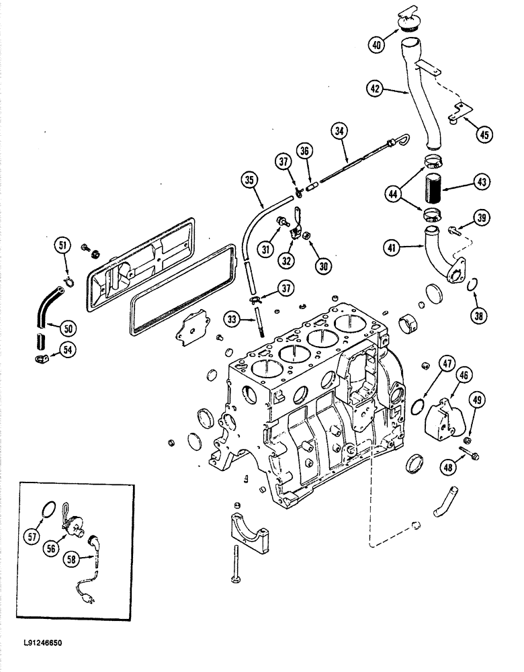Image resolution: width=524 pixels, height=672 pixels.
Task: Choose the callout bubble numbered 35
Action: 250,180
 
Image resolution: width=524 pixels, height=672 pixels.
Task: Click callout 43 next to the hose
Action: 482,181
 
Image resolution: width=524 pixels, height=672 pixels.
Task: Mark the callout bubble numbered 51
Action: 62,247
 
